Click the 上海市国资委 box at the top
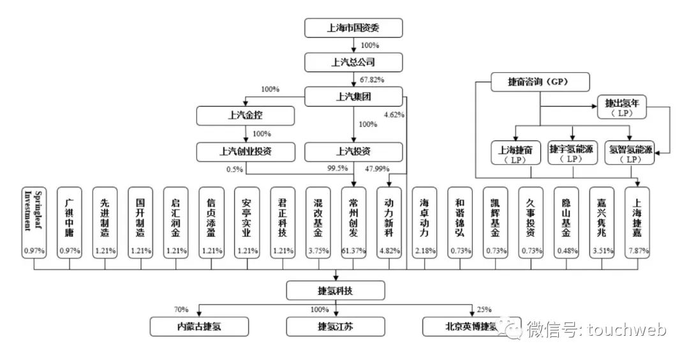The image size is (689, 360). [353, 28]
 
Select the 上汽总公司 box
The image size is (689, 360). [353, 62]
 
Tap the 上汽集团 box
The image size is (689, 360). [353, 97]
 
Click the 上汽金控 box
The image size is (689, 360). [246, 116]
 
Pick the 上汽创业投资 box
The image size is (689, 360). [246, 151]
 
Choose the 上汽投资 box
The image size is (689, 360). [353, 151]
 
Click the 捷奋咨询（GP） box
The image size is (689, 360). [540, 82]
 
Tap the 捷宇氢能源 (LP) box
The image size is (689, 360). [572, 153]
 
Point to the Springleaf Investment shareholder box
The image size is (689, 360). [34, 222]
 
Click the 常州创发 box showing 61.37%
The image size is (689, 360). [353, 222]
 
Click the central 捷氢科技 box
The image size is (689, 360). [336, 291]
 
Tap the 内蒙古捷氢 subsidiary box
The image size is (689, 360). [199, 327]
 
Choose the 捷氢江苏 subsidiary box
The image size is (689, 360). [336, 327]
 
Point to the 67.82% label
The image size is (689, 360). [373, 80]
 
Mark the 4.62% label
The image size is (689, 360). [394, 115]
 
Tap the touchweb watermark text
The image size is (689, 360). [626, 330]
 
